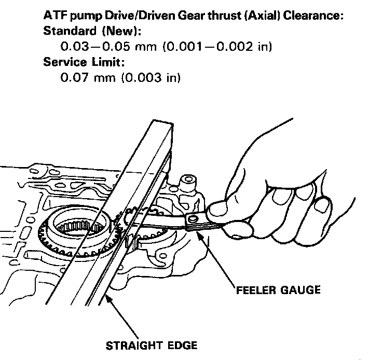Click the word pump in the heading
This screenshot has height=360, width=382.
84,16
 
